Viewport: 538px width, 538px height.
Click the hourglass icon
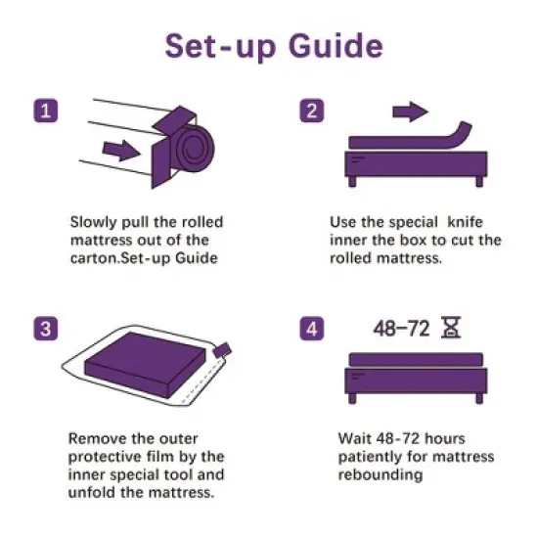(x=450, y=326)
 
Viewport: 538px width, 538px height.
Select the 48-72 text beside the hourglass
(x=400, y=327)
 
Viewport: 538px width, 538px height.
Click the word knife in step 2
(x=467, y=221)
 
